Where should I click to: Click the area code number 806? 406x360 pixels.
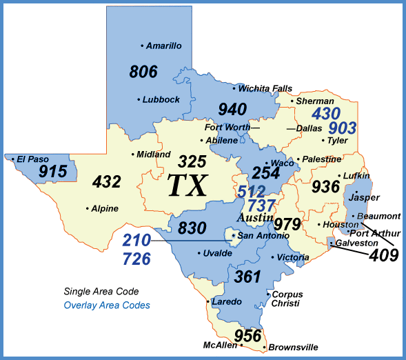143,71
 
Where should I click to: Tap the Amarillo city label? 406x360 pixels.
164,46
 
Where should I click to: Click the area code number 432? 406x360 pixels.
106,182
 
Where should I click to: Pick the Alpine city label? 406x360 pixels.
105,208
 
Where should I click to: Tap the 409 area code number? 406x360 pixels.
383,255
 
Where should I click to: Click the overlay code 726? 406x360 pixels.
136,259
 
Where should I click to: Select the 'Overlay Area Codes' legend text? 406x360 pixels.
107,305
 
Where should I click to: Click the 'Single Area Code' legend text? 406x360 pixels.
101,292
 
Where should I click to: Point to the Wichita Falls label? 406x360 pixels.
265,88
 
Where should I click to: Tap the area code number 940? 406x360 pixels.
232,109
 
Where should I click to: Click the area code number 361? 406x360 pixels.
249,277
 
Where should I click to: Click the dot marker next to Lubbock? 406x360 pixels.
139,100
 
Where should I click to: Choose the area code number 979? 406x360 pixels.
287,224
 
